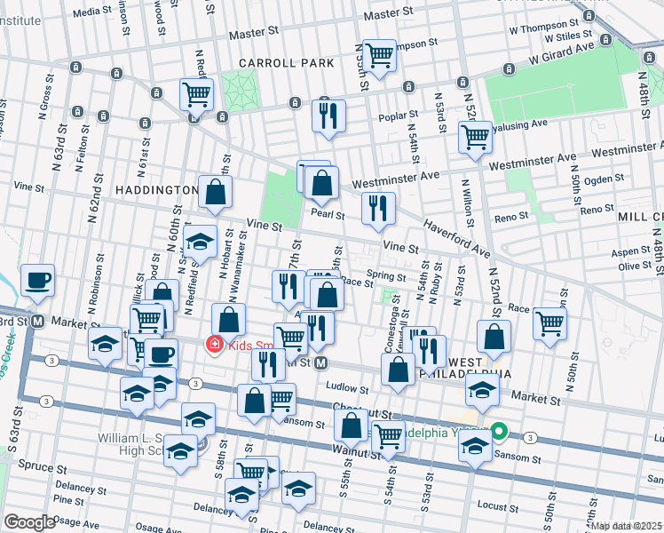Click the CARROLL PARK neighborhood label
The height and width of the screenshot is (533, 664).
coord(287,63)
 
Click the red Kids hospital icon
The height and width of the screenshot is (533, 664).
coord(213,345)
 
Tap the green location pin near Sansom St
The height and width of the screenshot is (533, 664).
coord(500,433)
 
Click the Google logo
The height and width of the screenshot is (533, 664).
coord(29,522)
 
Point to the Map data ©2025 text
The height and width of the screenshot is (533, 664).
coord(627,526)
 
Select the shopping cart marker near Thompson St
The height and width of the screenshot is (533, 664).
coord(379,55)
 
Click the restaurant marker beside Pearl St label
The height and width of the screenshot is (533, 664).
coord(379,208)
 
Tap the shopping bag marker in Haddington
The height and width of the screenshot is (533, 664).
coord(216,191)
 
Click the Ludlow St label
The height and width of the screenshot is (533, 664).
coord(345,388)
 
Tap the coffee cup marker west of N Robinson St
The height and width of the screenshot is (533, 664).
coord(37,281)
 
